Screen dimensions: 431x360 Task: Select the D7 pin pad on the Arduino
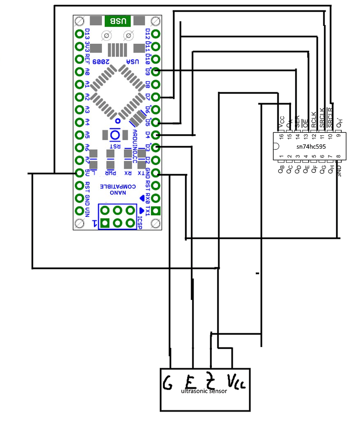click(x=156, y=97)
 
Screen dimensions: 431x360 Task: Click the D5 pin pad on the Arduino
click(x=156, y=122)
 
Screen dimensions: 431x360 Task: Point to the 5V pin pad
click(x=79, y=173)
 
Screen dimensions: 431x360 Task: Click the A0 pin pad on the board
click(x=79, y=72)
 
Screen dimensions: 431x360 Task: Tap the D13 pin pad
click(x=79, y=34)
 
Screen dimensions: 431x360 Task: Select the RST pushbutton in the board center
click(x=115, y=135)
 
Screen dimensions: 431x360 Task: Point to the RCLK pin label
click(x=314, y=119)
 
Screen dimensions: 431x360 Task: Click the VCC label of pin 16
click(x=282, y=121)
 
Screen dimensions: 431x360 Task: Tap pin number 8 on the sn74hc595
click(x=338, y=157)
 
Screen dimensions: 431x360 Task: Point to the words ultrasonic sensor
click(x=205, y=391)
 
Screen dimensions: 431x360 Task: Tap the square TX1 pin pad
click(x=156, y=211)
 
